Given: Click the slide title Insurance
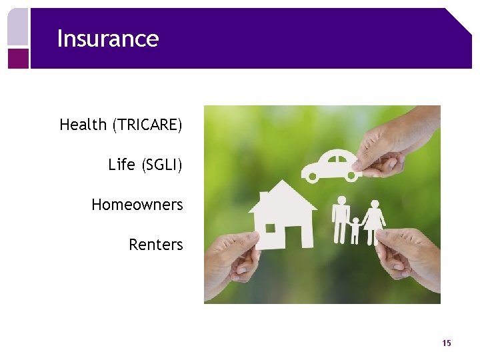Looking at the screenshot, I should click(107, 39).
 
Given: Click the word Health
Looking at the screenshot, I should click(83, 125).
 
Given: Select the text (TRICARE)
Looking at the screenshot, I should click(147, 125).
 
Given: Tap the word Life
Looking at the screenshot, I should click(121, 165).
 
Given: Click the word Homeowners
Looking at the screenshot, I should click(137, 205).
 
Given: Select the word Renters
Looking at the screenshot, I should click(155, 245).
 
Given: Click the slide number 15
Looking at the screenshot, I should click(446, 343).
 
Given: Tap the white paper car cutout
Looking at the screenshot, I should click(330, 165).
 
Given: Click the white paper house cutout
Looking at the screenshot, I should click(283, 217).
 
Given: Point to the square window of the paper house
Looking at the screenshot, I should click(270, 228).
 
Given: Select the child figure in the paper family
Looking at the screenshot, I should click(356, 230).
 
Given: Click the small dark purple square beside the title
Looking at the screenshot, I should click(18, 58).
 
